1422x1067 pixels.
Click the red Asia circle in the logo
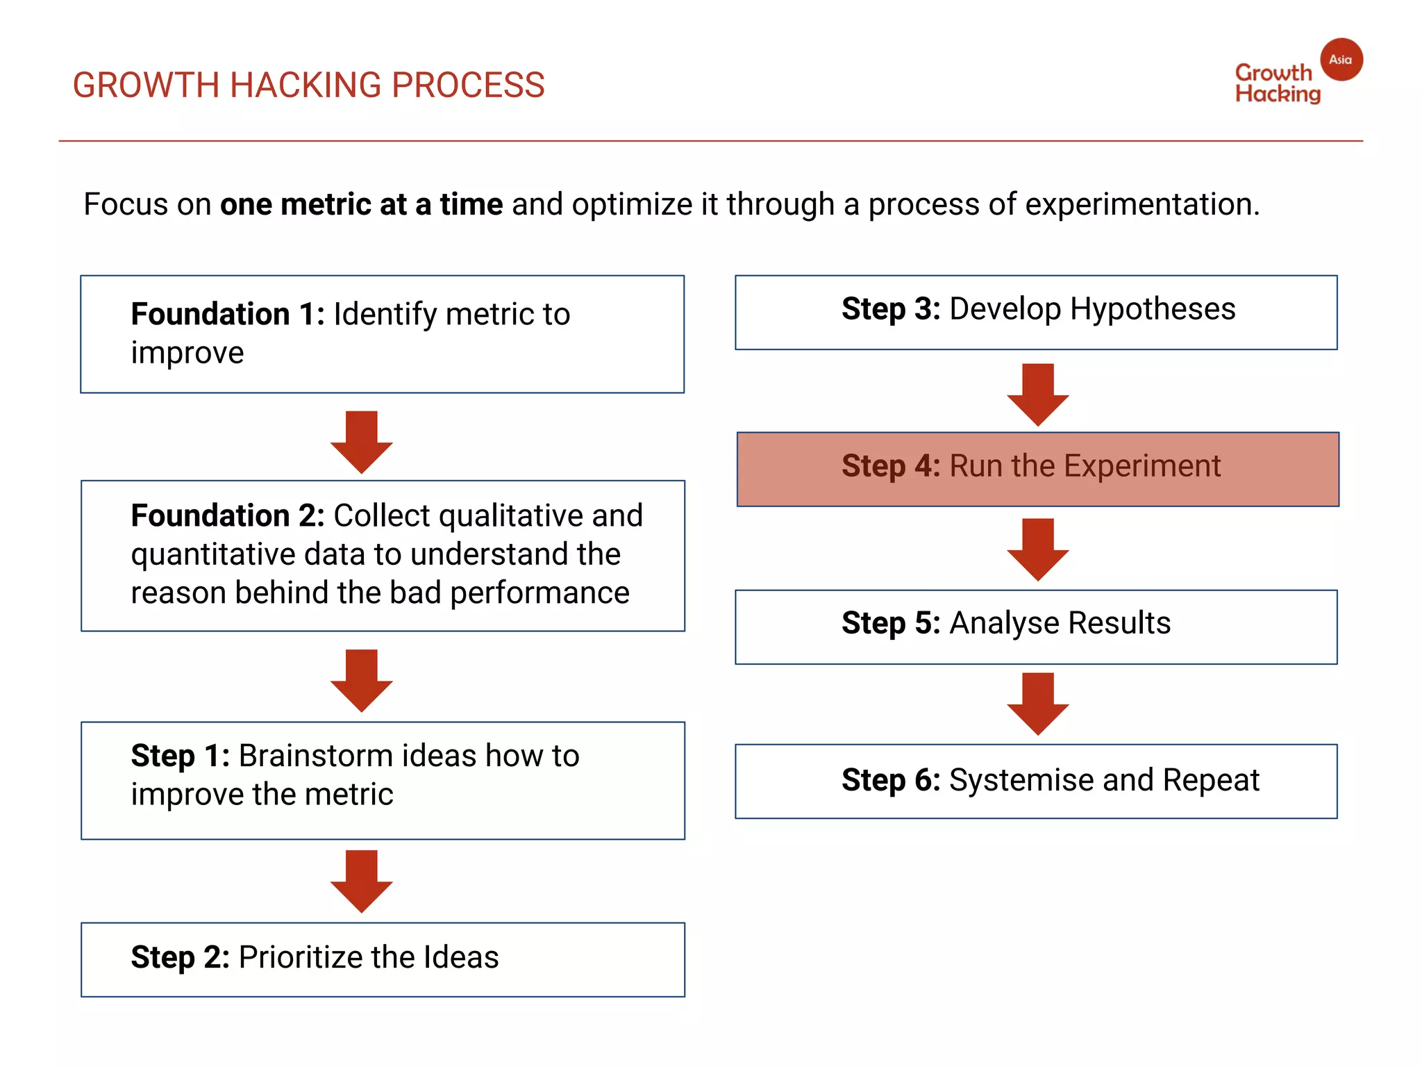[x=1341, y=60]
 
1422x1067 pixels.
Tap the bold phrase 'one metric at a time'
[x=361, y=204]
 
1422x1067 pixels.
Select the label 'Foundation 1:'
[x=228, y=314]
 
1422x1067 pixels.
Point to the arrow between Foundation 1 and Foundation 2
[x=362, y=442]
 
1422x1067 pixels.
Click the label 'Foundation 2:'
[x=228, y=516]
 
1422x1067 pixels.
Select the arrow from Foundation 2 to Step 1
[x=362, y=680]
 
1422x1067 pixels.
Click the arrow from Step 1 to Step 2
[x=362, y=880]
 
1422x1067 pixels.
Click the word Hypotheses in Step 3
[x=1152, y=309]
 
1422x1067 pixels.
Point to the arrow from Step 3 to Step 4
[x=1037, y=394]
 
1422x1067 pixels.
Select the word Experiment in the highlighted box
[x=1141, y=466]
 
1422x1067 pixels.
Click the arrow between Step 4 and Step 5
[x=1037, y=549]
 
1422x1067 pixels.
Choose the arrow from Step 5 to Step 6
[x=1037, y=703]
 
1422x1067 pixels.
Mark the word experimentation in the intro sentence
[x=1141, y=205]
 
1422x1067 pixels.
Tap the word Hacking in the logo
[x=1278, y=94]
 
